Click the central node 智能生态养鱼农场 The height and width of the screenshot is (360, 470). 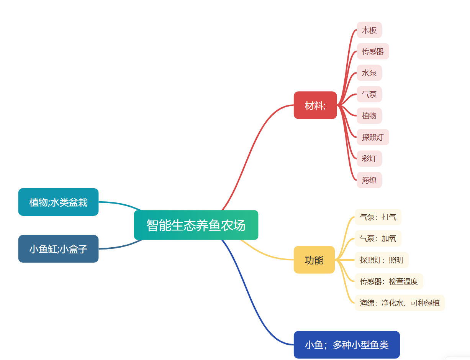(x=196, y=225)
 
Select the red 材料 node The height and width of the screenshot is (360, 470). (x=315, y=105)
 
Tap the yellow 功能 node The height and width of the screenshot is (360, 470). (x=314, y=260)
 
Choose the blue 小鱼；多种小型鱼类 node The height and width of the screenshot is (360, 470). (x=347, y=345)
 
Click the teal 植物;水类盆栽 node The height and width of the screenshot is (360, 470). (x=58, y=202)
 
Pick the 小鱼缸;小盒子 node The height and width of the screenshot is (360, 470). (x=58, y=249)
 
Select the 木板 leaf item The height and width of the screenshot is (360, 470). (x=369, y=30)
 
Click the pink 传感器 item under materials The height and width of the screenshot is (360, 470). (x=373, y=51)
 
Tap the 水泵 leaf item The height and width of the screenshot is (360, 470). (x=369, y=73)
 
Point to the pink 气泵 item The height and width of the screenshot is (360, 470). (x=369, y=94)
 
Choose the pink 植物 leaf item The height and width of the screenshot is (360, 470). (x=369, y=116)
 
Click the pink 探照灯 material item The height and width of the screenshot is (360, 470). (x=373, y=137)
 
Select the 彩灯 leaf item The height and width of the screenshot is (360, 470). (x=369, y=159)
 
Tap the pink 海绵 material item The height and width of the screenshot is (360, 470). (x=369, y=180)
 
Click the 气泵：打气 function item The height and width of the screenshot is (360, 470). (x=378, y=217)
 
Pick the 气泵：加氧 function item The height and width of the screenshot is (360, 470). (x=378, y=238)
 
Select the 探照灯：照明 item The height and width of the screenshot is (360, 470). (x=382, y=260)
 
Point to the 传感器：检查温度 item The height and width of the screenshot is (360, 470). (x=389, y=281)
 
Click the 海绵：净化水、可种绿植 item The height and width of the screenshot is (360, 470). (x=400, y=303)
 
